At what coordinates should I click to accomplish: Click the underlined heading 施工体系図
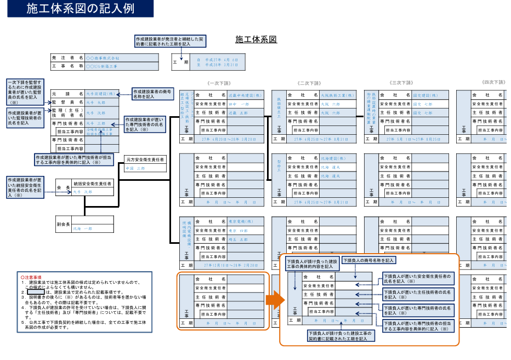pos(256,39)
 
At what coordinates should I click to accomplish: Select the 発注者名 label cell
pos(67,58)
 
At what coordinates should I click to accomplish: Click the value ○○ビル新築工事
pos(103,66)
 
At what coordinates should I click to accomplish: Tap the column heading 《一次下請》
pos(220,83)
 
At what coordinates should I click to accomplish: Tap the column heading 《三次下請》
pos(402,83)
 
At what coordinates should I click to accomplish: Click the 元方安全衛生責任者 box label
pos(145,159)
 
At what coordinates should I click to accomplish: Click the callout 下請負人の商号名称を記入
pos(368,261)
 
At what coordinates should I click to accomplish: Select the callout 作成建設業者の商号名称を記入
pos(152,94)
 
